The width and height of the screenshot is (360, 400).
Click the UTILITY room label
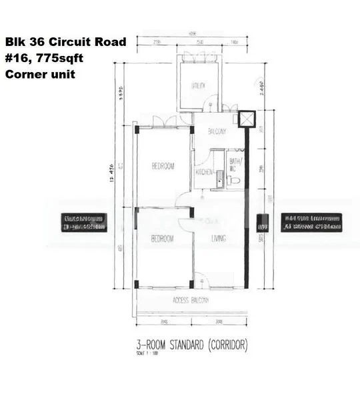point(198,86)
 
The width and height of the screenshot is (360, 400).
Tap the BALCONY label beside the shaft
point(217,131)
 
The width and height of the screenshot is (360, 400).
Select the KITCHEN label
point(204,173)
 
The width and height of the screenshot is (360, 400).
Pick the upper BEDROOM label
point(163,166)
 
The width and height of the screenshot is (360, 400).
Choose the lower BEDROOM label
point(162,238)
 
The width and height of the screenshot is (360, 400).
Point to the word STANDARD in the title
point(185,346)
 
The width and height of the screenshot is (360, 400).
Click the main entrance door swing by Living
point(204,282)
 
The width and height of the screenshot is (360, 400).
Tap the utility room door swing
point(211,103)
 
